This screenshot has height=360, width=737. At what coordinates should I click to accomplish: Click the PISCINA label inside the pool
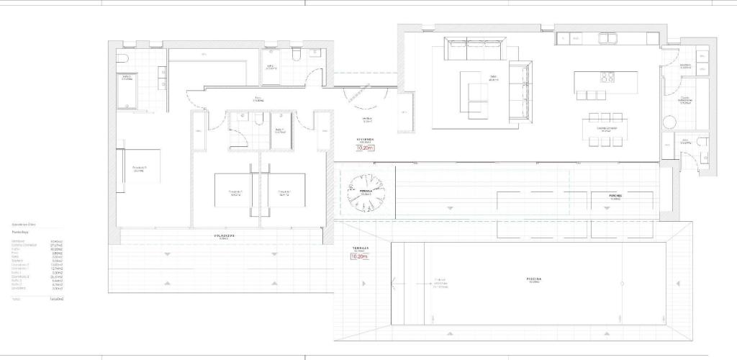pos(533,278)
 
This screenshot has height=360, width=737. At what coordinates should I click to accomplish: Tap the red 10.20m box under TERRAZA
pos(360,256)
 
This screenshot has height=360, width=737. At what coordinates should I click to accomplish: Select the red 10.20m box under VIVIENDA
pos(366,148)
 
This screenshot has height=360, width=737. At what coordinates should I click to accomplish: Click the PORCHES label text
pos(615,195)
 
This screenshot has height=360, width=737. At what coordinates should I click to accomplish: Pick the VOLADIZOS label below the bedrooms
pos(224,235)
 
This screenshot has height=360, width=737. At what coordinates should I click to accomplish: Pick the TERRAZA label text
pos(360,248)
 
